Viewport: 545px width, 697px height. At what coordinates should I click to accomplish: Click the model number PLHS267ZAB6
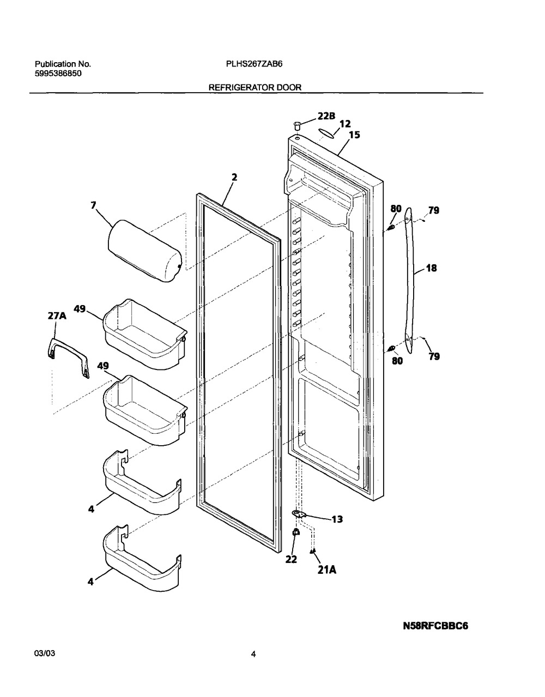pos(254,64)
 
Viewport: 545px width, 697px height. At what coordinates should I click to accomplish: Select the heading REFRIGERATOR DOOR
pos(255,87)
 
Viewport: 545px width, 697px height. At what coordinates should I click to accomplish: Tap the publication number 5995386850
pos(58,74)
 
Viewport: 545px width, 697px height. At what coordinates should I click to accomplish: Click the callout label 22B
pos(326,116)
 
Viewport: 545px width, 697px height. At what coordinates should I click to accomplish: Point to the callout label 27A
pos(57,316)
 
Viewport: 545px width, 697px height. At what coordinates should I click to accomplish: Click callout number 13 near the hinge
pos(337,519)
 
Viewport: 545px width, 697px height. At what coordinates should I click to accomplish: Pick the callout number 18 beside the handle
pos(432,268)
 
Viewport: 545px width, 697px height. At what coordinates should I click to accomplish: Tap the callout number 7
pos(93,205)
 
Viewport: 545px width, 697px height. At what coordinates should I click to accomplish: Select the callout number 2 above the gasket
pos(234,177)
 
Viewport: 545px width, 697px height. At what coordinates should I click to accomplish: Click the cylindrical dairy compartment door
pos(145,251)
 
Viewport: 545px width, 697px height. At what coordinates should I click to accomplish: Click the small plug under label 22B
pos(297,125)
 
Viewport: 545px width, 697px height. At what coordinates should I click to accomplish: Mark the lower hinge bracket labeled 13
pos(299,514)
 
